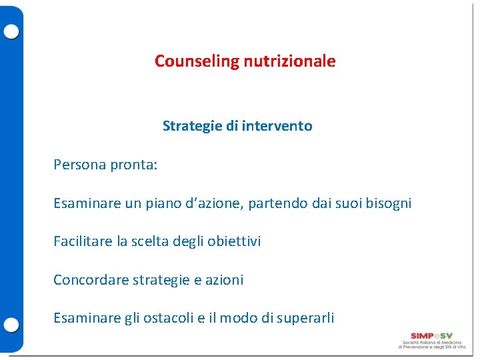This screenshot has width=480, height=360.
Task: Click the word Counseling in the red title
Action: [x=187, y=61]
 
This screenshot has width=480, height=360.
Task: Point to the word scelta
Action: [x=149, y=241]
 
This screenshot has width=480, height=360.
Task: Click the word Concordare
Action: [x=91, y=280]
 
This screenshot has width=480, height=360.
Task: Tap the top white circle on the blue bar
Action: [x=11, y=31]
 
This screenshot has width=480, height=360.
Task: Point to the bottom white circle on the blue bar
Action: [x=11, y=325]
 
